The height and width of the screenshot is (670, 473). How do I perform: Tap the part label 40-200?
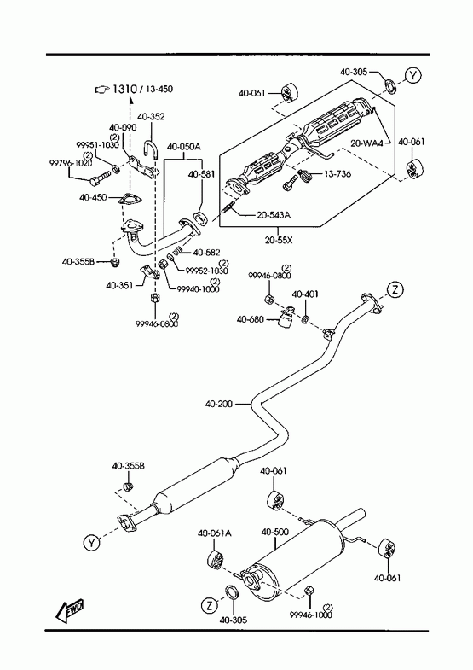click(219, 404)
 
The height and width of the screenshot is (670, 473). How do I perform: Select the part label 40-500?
click(274, 532)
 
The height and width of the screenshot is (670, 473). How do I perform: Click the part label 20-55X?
click(279, 240)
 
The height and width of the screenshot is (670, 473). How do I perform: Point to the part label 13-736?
click(337, 174)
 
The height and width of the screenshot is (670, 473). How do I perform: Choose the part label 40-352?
click(151, 117)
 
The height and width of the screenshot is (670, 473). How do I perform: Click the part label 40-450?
click(93, 197)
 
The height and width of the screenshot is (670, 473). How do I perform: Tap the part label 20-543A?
click(274, 215)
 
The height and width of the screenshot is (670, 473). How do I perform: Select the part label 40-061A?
click(214, 533)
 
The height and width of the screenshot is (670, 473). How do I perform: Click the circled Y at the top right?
click(412, 75)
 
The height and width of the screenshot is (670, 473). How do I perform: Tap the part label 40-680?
click(251, 319)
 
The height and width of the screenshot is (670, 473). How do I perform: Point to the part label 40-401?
click(305, 294)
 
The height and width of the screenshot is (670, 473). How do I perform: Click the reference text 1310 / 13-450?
click(142, 90)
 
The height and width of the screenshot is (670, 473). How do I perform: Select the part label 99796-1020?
click(71, 163)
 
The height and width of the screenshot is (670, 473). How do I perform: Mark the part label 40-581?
click(201, 174)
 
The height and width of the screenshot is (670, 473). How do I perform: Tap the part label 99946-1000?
click(310, 615)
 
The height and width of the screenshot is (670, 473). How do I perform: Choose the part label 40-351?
click(120, 285)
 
